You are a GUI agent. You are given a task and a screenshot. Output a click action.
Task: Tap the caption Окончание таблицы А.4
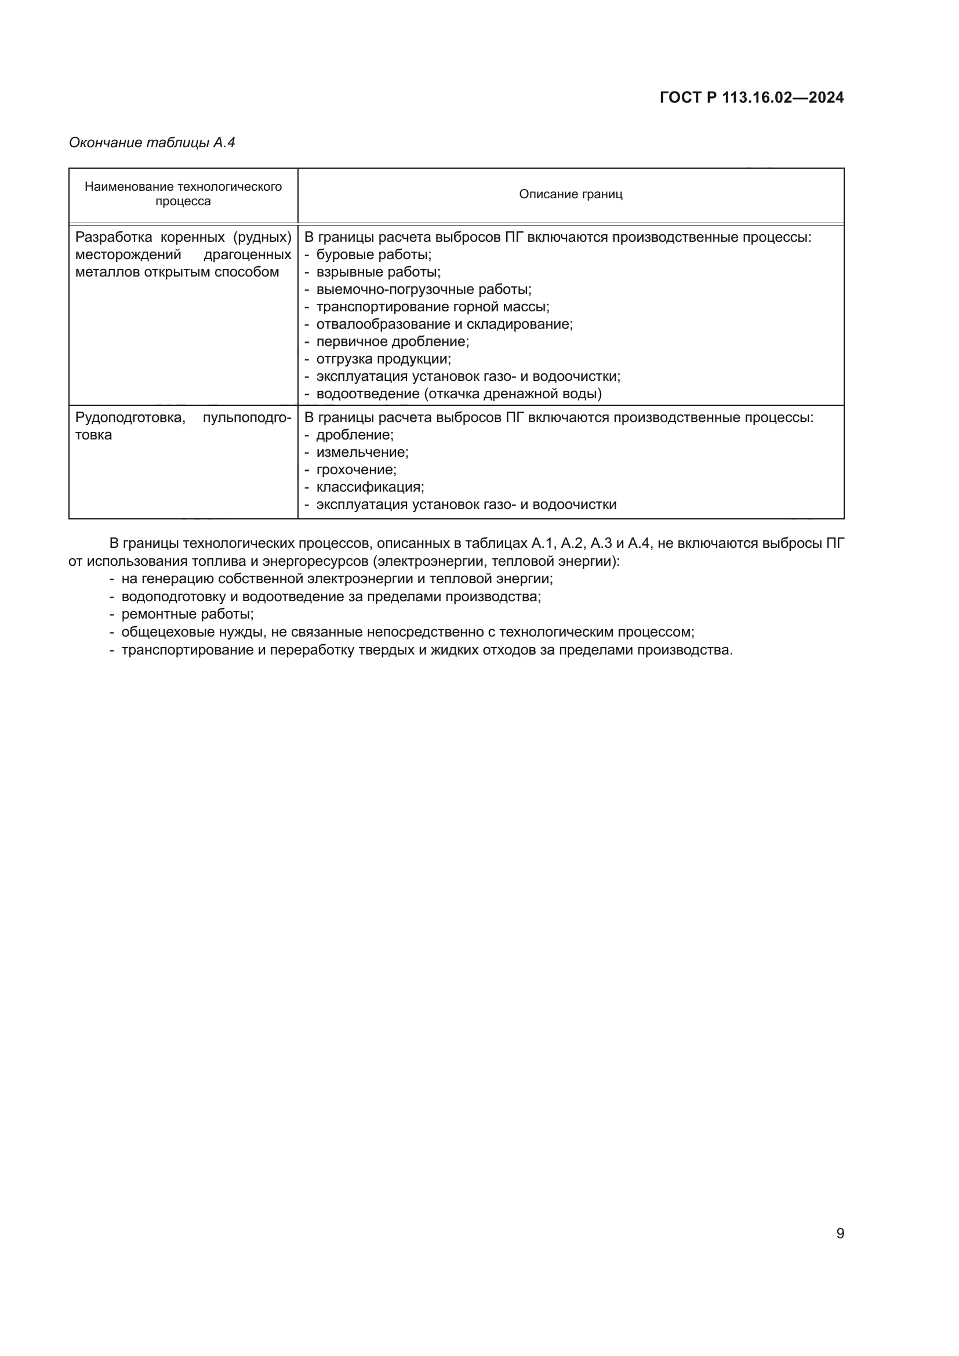click(x=152, y=143)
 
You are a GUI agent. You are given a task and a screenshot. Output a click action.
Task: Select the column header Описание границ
click(x=571, y=194)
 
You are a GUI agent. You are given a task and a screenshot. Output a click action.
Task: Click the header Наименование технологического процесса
click(x=183, y=194)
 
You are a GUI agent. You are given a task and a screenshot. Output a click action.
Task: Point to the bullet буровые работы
click(x=373, y=255)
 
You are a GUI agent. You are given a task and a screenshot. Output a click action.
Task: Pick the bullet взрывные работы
click(x=378, y=272)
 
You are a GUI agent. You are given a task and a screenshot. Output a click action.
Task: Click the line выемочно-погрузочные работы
click(x=423, y=289)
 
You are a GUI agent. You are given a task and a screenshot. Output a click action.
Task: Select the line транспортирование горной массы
click(x=433, y=307)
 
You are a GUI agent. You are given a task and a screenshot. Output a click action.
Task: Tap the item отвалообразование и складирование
click(x=444, y=324)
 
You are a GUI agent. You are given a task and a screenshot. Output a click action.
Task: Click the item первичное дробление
click(x=392, y=342)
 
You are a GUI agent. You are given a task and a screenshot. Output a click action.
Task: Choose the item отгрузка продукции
click(x=383, y=359)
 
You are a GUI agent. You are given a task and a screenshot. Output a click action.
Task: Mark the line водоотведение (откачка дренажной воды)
click(x=459, y=394)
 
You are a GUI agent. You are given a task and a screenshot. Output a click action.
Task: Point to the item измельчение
click(x=362, y=452)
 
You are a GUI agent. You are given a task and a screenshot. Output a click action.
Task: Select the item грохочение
click(x=356, y=470)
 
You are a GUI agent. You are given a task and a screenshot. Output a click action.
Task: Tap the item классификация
click(x=370, y=487)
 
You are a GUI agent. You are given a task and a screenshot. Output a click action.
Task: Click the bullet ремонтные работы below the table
click(x=187, y=614)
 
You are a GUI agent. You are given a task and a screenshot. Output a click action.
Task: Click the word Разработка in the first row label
click(x=114, y=238)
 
